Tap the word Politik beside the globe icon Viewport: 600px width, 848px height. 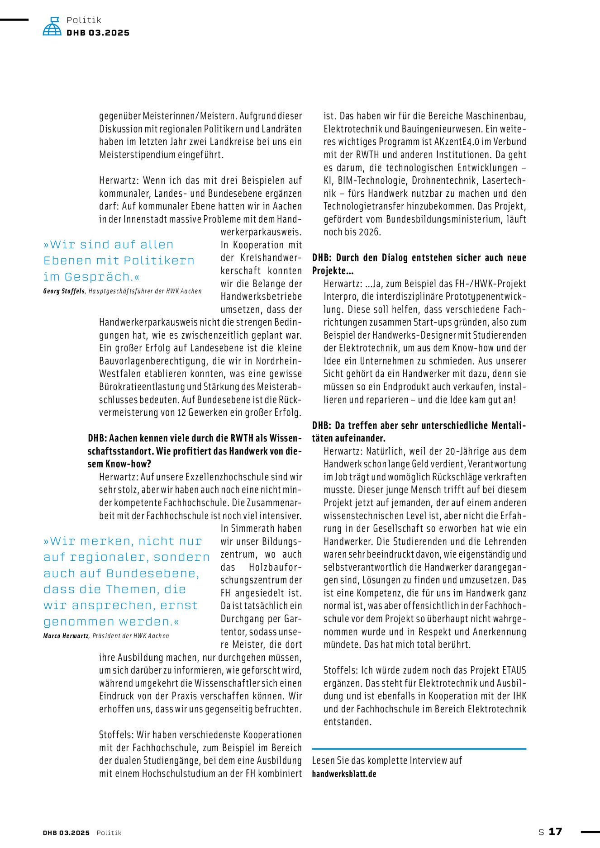(84, 20)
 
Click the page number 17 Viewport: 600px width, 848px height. (555, 831)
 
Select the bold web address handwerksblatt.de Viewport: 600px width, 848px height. (344, 773)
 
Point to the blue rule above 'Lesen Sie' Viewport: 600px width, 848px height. (419, 749)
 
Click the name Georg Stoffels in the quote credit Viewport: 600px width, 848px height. (64, 291)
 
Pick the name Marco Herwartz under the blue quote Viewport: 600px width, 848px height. (66, 636)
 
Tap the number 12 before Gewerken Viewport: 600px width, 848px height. (181, 412)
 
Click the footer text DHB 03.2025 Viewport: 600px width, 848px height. (66, 833)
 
